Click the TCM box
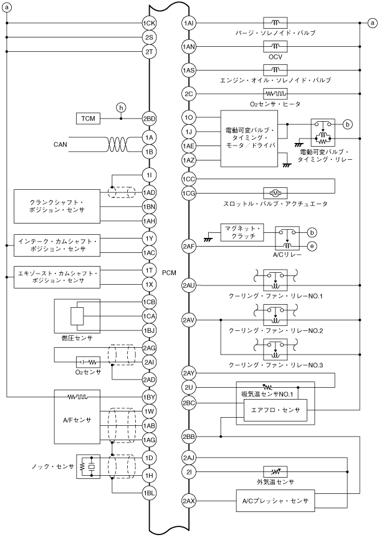(89, 119)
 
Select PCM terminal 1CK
(149, 24)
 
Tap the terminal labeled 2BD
(149, 119)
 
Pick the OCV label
(275, 56)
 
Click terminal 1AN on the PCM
(189, 47)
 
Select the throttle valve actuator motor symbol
(275, 192)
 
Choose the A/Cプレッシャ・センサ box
(275, 501)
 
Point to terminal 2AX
(189, 501)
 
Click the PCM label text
(169, 273)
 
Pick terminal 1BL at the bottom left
(149, 493)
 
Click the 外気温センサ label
(275, 482)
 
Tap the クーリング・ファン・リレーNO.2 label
(275, 330)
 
